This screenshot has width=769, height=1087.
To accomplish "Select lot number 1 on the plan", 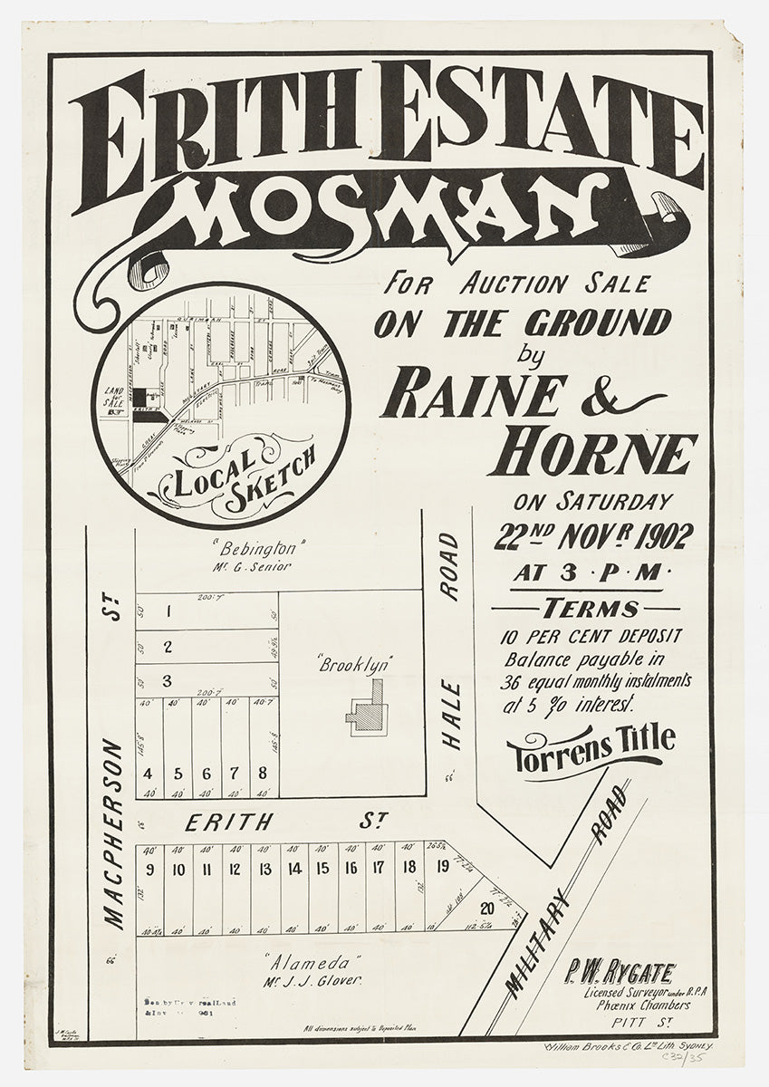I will pos(168,611).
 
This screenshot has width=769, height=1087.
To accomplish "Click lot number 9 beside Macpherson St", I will pos(149,870).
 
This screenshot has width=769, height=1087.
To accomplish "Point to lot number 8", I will pos(262,774).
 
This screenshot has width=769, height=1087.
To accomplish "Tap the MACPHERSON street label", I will pos(112,833).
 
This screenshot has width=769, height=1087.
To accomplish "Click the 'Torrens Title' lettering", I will pos(591,747).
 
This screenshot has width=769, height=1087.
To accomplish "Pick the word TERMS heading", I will pos(591,609).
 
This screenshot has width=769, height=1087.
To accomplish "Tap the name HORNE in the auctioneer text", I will pos(592,453).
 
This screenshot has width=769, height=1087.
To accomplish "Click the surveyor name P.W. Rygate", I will pos(620,974).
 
